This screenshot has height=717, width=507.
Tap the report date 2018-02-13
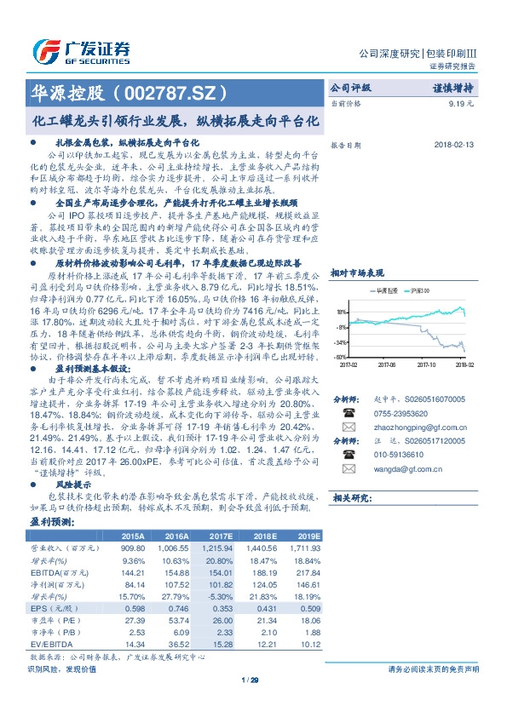[x=452, y=145]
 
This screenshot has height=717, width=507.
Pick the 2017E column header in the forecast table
[x=220, y=537]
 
